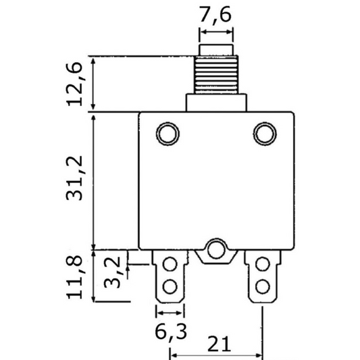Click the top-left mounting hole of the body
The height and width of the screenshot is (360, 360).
[167, 132]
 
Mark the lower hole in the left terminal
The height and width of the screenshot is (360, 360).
[170, 284]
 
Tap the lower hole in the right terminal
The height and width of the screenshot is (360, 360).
[262, 284]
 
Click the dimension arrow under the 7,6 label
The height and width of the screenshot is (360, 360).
[216, 32]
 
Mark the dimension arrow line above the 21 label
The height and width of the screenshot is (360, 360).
[216, 354]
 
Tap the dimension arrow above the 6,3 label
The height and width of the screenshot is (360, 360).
[170, 313]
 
